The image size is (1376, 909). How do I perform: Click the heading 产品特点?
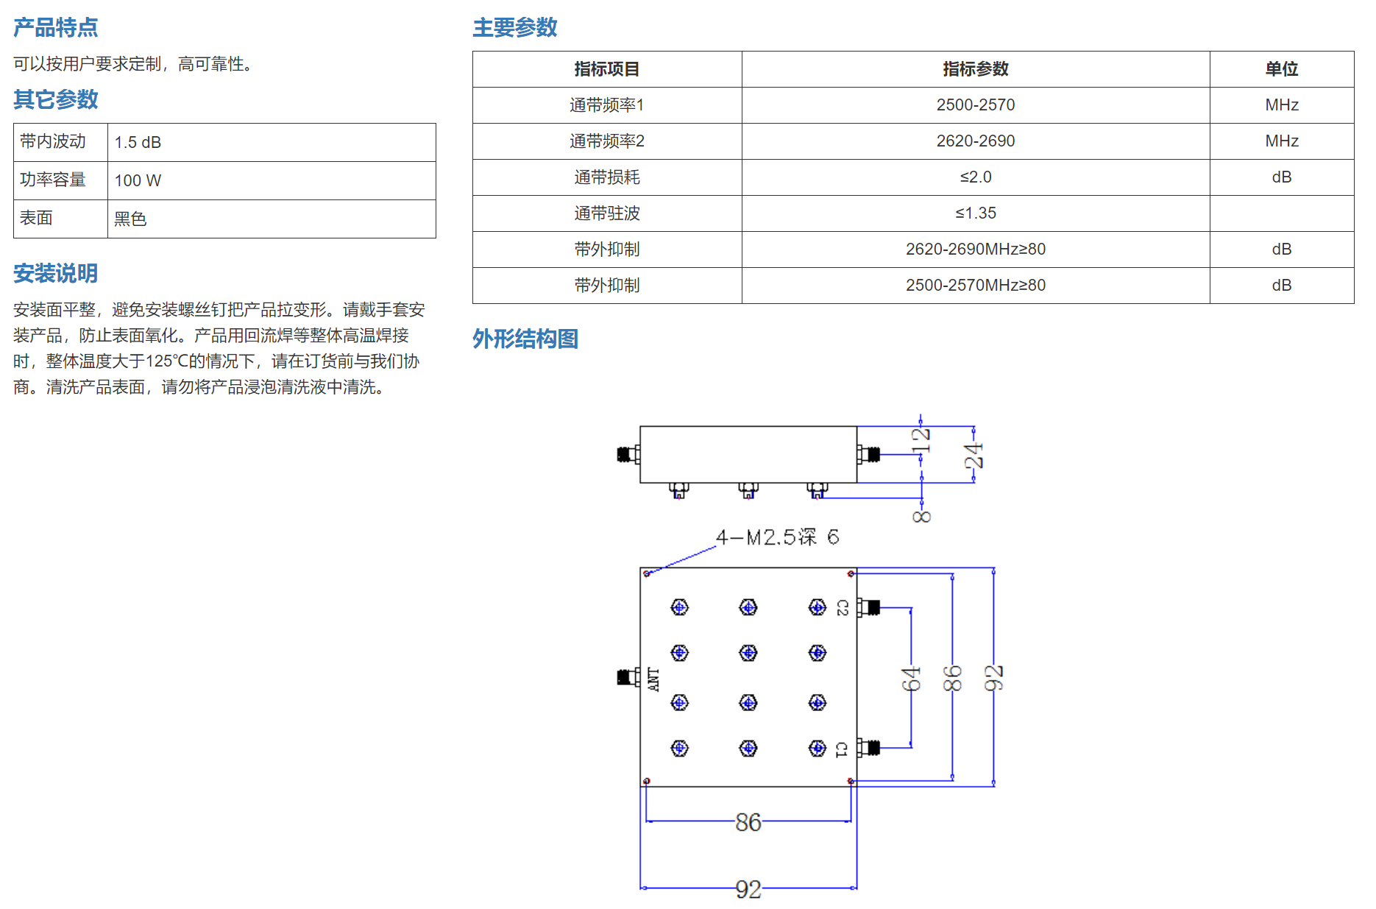56,27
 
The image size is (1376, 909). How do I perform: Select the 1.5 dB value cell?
272,142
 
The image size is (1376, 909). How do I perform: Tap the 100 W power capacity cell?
272,180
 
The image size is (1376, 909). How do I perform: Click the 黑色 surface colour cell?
272,219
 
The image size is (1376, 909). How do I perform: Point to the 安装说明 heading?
56,273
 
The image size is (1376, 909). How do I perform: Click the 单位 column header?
1281,69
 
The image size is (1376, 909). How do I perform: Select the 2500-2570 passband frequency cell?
976,105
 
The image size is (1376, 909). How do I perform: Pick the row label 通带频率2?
607,141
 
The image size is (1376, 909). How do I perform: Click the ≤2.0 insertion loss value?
976,177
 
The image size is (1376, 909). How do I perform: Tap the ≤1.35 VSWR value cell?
976,213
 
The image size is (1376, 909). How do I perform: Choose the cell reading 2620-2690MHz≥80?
976,250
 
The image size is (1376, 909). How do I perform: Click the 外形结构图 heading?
525,339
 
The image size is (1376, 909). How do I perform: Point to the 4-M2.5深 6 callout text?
777,537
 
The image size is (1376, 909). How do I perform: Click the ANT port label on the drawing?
653,679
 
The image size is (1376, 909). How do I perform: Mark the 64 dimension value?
911,679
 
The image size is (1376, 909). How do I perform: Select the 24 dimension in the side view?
974,456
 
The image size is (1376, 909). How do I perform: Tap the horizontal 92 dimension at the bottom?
748,889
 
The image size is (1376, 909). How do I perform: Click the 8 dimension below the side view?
921,517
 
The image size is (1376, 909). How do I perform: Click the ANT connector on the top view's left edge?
628,677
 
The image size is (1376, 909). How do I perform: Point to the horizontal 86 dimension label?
748,822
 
